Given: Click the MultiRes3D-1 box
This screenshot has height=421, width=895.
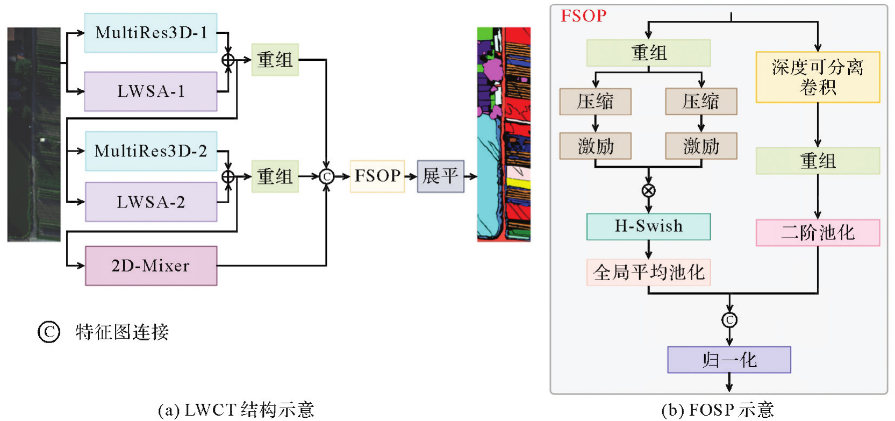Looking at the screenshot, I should tap(151, 33).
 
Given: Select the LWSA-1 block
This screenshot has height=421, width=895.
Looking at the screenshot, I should tap(151, 91).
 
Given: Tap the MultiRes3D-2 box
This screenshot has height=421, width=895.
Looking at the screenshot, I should tap(151, 151).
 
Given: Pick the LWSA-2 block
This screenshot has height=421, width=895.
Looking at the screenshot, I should tap(151, 202).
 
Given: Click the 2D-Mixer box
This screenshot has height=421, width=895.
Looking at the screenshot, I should tap(151, 266).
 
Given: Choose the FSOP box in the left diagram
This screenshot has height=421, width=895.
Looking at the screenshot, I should tap(377, 176).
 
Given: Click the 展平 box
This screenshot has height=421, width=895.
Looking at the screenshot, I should tap(440, 176).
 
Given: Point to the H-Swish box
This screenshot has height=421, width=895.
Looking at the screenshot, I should tap(648, 226).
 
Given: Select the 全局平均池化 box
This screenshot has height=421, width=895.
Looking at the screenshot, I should tap(648, 273).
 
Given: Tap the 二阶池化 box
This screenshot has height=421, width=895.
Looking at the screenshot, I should tap(817, 233).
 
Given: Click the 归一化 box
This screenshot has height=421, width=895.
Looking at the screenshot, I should tap(729, 360).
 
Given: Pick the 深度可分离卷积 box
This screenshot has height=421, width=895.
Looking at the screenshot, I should tap(817, 77).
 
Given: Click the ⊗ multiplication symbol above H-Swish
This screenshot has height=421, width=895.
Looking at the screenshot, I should tap(649, 190).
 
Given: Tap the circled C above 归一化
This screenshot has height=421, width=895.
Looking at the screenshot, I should tap(729, 320).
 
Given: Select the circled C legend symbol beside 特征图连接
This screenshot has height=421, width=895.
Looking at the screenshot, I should tap(49, 332).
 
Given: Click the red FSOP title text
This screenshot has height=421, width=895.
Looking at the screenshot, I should tap(583, 16).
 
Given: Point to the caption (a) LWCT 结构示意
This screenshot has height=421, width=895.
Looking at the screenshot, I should tap(236, 410).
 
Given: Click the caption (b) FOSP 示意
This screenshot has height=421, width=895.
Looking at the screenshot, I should tap(717, 410).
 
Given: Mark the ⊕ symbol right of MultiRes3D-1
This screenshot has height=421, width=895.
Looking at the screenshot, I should tap(228, 60).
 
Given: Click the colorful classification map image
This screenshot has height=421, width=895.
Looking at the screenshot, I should tap(504, 134).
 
